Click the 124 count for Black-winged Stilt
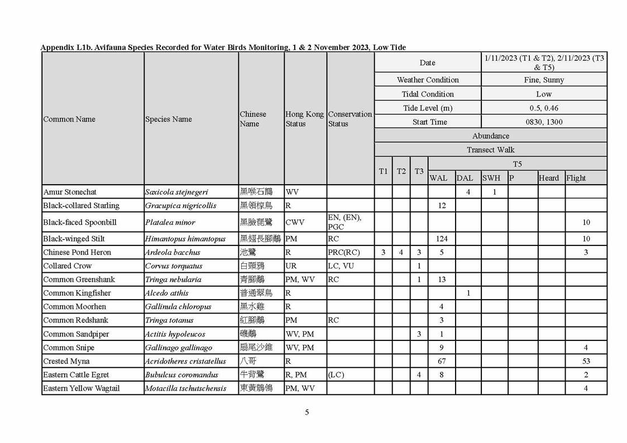(442, 239)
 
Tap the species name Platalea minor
(170, 222)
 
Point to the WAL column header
(438, 178)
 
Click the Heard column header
(548, 178)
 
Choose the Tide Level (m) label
(428, 108)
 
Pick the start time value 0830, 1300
(544, 122)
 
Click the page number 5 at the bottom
(307, 412)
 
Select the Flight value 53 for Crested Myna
(586, 361)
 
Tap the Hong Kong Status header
(304, 119)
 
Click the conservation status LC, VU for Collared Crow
(341, 266)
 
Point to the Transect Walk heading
(490, 150)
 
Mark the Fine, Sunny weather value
(544, 80)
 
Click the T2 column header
(401, 171)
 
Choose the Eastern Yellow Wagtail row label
(81, 388)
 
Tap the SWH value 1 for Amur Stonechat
(494, 192)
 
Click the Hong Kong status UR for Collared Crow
(291, 266)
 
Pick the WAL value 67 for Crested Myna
(442, 361)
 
